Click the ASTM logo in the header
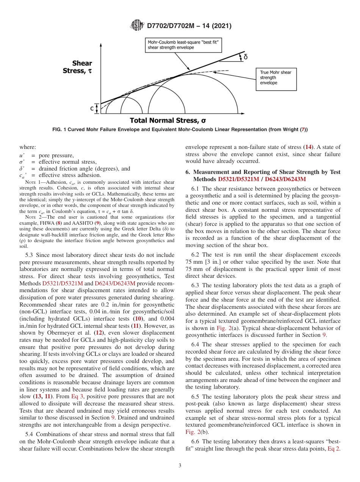click(x=137, y=26)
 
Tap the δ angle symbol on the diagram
click(x=246, y=57)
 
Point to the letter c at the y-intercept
click(x=92, y=108)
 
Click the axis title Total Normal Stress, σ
click(x=168, y=121)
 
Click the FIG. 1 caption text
click(x=180, y=130)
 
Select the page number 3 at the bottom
click(x=180, y=465)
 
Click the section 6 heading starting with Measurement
click(x=263, y=175)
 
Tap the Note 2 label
click(x=31, y=217)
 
